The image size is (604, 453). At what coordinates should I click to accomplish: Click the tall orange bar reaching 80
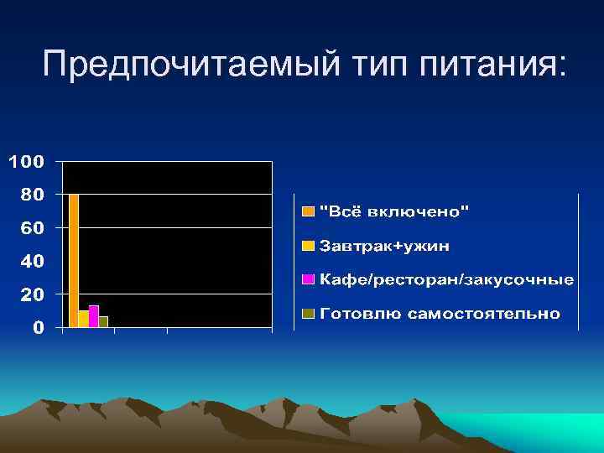(x=74, y=260)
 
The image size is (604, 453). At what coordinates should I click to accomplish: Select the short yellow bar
(x=83, y=319)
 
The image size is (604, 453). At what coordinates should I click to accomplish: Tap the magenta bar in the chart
(x=93, y=316)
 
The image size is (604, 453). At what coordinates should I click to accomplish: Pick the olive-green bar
(x=103, y=321)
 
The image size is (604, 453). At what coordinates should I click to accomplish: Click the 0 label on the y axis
(x=39, y=328)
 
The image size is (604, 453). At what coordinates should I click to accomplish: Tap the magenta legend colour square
(x=308, y=279)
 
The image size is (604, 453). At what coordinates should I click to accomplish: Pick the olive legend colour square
(x=308, y=314)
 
